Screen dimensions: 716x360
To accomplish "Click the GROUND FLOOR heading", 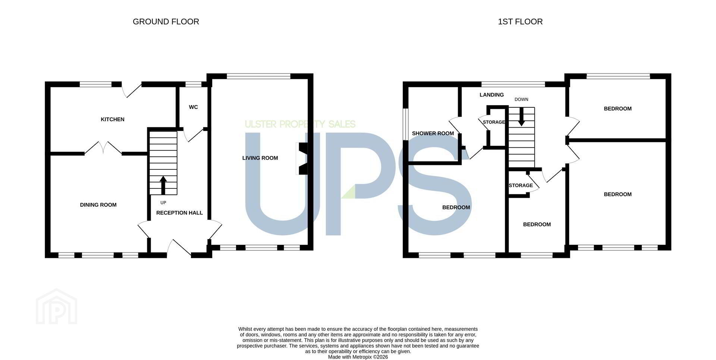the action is click(166, 22).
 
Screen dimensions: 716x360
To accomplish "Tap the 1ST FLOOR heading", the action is click(520, 22).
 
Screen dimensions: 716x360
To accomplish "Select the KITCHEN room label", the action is click(113, 119).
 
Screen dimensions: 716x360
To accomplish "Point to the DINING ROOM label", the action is click(98, 205).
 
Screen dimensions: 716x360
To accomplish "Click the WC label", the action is click(193, 107).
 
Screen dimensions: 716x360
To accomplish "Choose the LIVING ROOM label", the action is click(260, 158).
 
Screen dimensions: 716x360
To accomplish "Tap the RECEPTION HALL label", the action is click(179, 213).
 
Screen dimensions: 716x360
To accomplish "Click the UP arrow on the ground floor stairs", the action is click(163, 185).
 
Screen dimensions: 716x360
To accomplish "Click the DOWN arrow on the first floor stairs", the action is click(521, 116).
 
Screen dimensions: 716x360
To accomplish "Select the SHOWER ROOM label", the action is click(433, 134).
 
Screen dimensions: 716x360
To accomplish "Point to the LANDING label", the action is click(492, 95).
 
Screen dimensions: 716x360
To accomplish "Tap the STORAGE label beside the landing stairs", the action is click(494, 122).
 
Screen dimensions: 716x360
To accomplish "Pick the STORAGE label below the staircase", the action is click(521, 185).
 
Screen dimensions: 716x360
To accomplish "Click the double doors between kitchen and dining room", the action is click(103, 148).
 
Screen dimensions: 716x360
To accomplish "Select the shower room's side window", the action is click(405, 125).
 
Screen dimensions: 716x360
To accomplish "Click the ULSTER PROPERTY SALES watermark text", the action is click(300, 124).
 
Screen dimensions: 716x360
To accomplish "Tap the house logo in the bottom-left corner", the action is click(56, 306).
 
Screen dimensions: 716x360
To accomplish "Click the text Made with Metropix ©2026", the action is click(358, 357).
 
